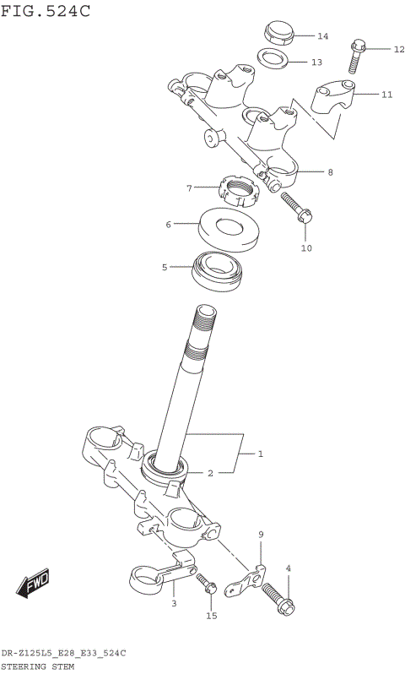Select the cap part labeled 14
pyautogui.click(x=276, y=33)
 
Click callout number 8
pyautogui.click(x=330, y=172)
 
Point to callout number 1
pyautogui.click(x=261, y=454)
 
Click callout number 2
pyautogui.click(x=210, y=473)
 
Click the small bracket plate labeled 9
pyautogui.click(x=251, y=579)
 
